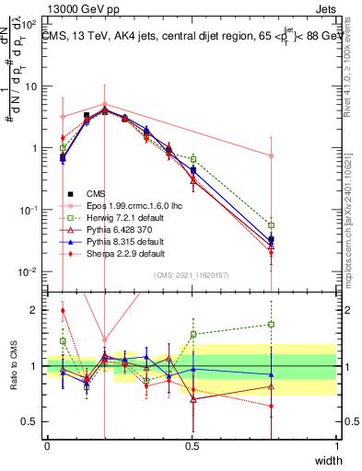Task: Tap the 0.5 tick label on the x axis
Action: point(193,445)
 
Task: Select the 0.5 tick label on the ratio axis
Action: point(32,422)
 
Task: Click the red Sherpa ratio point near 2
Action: point(63,311)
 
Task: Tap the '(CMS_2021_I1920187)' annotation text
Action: point(191,274)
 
